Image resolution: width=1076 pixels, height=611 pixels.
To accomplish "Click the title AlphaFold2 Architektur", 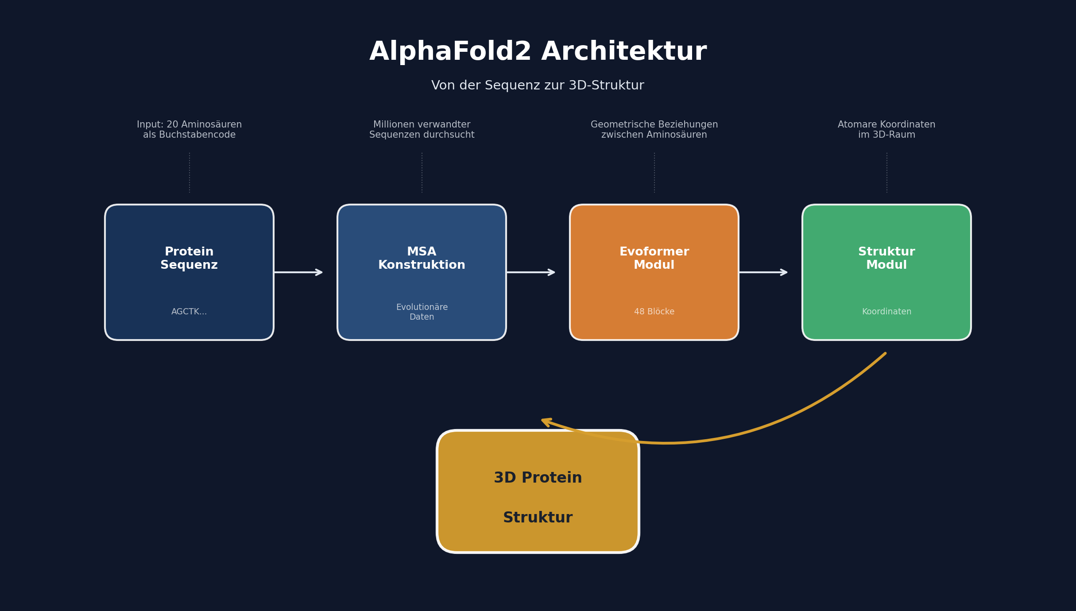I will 538,52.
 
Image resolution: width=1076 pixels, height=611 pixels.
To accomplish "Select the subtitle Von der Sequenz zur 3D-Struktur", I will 538,85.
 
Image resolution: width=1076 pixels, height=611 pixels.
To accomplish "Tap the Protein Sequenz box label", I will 189,258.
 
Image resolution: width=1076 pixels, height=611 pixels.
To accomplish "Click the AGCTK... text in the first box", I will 189,312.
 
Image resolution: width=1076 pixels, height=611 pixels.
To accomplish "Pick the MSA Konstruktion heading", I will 422,258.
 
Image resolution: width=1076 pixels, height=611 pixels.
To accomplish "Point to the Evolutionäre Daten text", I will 422,312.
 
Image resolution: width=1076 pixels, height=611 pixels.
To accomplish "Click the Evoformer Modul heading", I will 654,258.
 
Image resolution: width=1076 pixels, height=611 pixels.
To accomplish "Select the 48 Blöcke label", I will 654,312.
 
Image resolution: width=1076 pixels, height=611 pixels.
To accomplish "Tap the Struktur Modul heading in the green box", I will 886,258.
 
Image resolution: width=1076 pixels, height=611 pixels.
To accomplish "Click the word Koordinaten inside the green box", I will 886,312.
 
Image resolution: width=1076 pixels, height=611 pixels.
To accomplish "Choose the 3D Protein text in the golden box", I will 538,478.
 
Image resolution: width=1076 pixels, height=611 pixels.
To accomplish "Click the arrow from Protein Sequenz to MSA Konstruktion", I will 298,272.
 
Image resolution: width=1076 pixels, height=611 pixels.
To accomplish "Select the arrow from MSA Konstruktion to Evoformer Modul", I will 530,272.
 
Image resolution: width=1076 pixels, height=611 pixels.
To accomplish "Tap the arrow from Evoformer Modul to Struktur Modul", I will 763,272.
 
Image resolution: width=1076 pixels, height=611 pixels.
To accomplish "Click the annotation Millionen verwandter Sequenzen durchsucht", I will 422,130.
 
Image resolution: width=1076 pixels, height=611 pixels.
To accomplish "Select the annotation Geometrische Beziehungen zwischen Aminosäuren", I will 654,130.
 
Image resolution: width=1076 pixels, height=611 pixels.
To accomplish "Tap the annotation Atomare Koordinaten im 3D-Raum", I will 886,130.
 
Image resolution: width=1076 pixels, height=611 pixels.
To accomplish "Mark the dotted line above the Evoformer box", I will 654,173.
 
